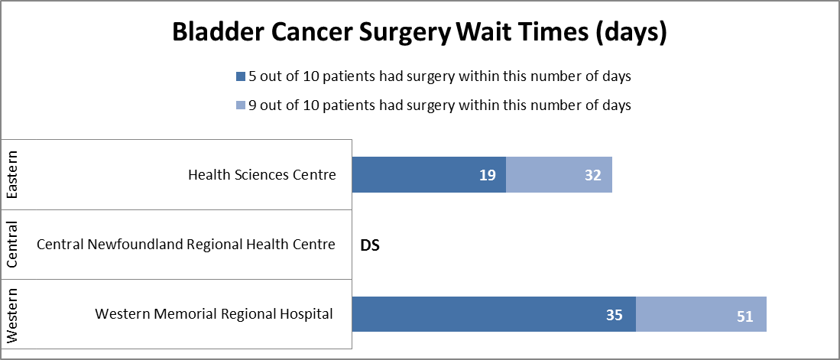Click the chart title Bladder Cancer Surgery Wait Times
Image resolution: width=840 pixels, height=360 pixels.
click(420, 32)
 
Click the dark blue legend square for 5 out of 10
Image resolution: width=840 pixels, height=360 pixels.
click(241, 76)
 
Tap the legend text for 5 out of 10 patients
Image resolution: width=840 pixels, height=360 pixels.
click(439, 76)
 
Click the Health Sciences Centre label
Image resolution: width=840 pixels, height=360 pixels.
click(261, 175)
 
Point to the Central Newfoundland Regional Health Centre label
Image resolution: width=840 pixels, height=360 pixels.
click(186, 245)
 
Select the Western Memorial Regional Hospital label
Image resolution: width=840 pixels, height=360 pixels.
click(214, 314)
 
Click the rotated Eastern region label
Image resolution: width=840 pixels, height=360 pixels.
click(12, 175)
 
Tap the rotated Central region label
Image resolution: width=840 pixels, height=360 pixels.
click(12, 245)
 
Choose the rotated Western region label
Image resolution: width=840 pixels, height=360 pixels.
click(12, 315)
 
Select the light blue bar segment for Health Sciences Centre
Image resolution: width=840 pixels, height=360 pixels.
click(558, 175)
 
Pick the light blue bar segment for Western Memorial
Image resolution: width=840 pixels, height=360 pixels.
click(701, 315)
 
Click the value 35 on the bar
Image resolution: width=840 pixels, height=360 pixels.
click(615, 315)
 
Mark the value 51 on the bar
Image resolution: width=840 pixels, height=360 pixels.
click(745, 316)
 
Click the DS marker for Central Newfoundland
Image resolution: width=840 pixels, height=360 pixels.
click(370, 245)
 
